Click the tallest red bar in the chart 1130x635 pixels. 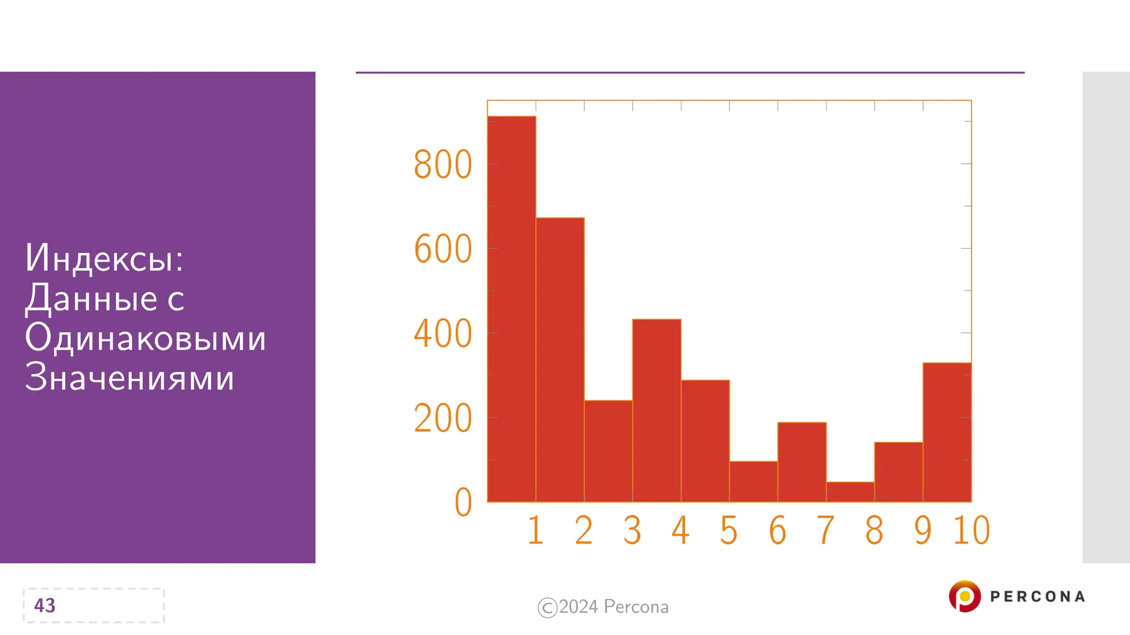pyautogui.click(x=511, y=309)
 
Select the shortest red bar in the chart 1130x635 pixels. pyautogui.click(x=850, y=492)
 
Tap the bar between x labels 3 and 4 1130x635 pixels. pyautogui.click(x=657, y=410)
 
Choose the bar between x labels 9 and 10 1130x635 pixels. pyautogui.click(x=947, y=432)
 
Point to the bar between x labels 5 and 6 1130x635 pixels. pyautogui.click(x=754, y=481)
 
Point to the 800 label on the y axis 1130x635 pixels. pyautogui.click(x=443, y=164)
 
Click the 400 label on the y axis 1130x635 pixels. pyautogui.click(x=443, y=333)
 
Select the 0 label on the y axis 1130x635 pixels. pyautogui.click(x=463, y=502)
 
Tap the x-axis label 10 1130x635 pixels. pyautogui.click(x=972, y=530)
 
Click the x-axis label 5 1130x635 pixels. pyautogui.click(x=729, y=530)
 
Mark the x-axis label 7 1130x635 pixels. pyautogui.click(x=825, y=530)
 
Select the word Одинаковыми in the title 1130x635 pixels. pyautogui.click(x=145, y=337)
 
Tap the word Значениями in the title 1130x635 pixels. pyautogui.click(x=130, y=378)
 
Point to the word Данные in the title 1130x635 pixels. pyautogui.click(x=92, y=298)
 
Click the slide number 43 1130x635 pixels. pyautogui.click(x=45, y=605)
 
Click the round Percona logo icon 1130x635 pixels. pyautogui.click(x=964, y=596)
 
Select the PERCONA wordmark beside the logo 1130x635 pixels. pyautogui.click(x=1037, y=596)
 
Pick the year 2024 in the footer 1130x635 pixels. pyautogui.click(x=578, y=606)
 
